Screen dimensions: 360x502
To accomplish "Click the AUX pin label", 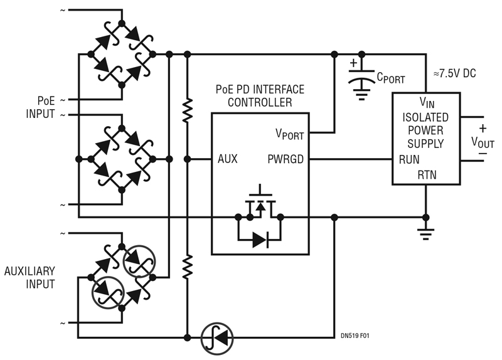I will pyautogui.click(x=227, y=159).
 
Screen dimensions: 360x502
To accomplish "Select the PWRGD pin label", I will pyautogui.click(x=286, y=159).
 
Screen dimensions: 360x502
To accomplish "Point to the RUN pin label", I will pyautogui.click(x=409, y=159).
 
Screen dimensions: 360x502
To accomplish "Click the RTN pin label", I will pyautogui.click(x=427, y=175).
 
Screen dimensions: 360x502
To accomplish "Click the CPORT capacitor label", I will pyautogui.click(x=390, y=80).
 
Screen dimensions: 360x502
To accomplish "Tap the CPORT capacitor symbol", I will pyautogui.click(x=361, y=74).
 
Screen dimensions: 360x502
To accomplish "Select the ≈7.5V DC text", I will pyautogui.click(x=450, y=73).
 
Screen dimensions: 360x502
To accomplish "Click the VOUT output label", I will pyautogui.click(x=483, y=142).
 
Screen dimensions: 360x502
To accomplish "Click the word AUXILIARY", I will pyautogui.click(x=29, y=271).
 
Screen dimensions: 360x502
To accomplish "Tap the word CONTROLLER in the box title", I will pyautogui.click(x=260, y=102).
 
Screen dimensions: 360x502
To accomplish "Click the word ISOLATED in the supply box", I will pyautogui.click(x=425, y=117).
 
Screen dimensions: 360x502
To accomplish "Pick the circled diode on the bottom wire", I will pyautogui.click(x=217, y=338).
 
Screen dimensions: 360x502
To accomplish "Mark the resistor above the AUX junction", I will pyautogui.click(x=186, y=111).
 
